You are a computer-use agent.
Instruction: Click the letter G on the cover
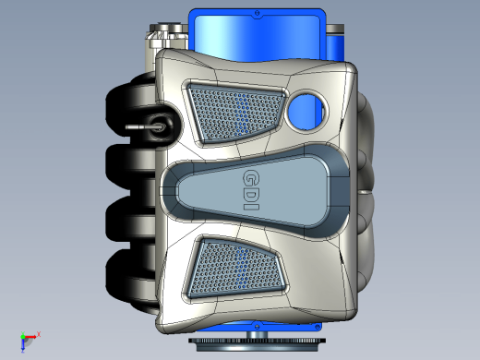click(251, 178)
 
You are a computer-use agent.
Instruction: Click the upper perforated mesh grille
click(235, 114)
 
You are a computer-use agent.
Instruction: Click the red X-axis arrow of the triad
click(30, 337)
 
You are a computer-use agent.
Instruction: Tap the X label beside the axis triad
click(39, 334)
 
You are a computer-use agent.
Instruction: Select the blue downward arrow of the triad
click(23, 345)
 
